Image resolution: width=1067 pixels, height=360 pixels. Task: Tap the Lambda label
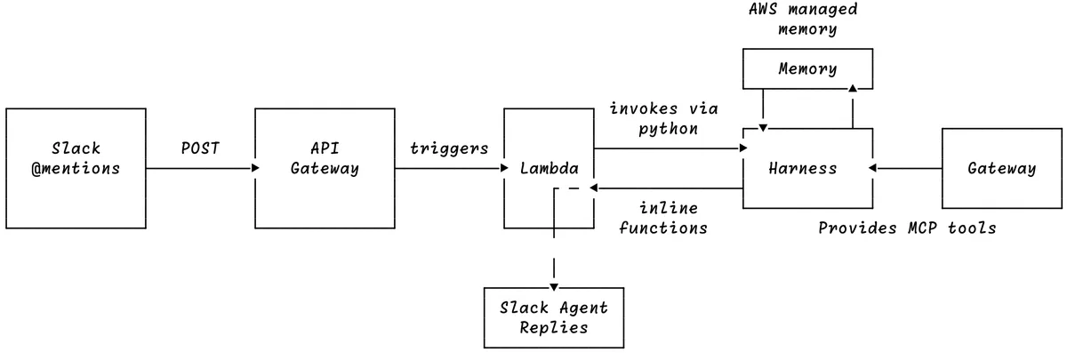[550, 168]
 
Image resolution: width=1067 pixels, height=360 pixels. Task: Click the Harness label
[803, 168]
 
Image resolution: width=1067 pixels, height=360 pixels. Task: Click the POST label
[200, 148]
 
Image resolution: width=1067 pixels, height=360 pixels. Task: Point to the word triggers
[449, 148]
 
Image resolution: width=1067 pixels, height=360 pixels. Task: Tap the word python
[669, 129]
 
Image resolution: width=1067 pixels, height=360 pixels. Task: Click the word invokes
[644, 108]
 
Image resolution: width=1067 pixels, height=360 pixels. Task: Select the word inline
[669, 208]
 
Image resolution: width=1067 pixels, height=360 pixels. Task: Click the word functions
[663, 228]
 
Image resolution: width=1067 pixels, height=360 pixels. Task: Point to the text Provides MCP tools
[907, 228]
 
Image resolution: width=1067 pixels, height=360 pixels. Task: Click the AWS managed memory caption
[804, 19]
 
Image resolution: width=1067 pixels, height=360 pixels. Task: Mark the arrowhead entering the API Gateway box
[255, 168]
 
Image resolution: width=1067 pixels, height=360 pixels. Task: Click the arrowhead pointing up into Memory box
[853, 88]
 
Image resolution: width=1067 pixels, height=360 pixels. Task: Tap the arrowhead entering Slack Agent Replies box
[554, 287]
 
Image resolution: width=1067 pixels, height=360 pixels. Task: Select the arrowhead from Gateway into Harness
[872, 168]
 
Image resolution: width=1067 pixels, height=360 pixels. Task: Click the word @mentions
[76, 169]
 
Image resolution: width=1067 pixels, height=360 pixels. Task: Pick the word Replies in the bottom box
[554, 328]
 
